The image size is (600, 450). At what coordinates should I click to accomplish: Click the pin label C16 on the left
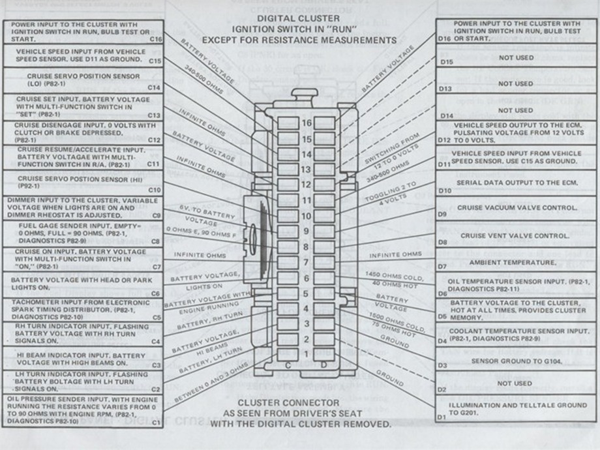click(x=156, y=39)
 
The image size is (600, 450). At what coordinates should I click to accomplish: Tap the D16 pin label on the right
click(x=445, y=39)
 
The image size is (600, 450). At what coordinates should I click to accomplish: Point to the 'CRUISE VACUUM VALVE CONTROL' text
click(x=517, y=208)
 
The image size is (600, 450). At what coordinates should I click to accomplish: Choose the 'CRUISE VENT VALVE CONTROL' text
click(x=515, y=235)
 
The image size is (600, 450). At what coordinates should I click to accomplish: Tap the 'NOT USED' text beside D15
click(x=516, y=58)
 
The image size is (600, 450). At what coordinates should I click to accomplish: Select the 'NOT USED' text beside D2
click(x=515, y=383)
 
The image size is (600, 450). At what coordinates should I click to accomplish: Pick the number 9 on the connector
click(x=306, y=231)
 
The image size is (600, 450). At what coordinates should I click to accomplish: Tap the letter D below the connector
click(x=324, y=365)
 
